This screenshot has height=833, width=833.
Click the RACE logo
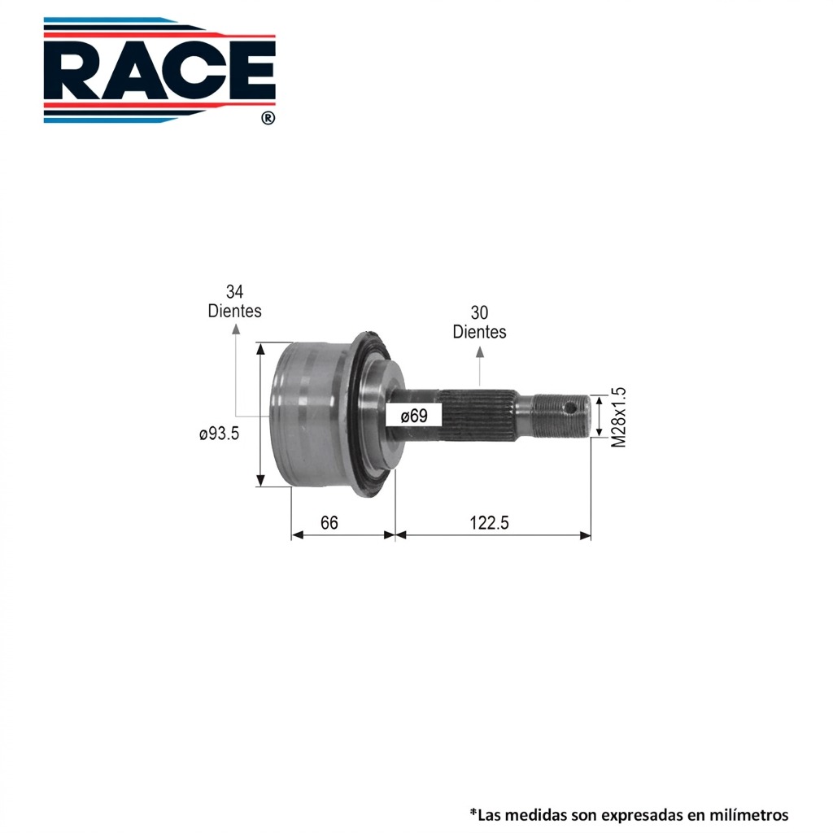click(159, 70)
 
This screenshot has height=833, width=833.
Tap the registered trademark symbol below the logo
click(268, 118)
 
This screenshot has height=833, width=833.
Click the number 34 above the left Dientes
click(234, 292)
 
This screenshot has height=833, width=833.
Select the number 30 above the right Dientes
click(479, 312)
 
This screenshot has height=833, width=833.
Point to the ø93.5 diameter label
click(219, 434)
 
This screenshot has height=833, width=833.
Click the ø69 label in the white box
click(414, 416)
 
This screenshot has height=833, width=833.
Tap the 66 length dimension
click(329, 523)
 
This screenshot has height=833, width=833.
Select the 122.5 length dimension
click(489, 523)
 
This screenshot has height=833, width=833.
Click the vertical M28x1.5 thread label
click(619, 417)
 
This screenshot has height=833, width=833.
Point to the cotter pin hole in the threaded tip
click(570, 408)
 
